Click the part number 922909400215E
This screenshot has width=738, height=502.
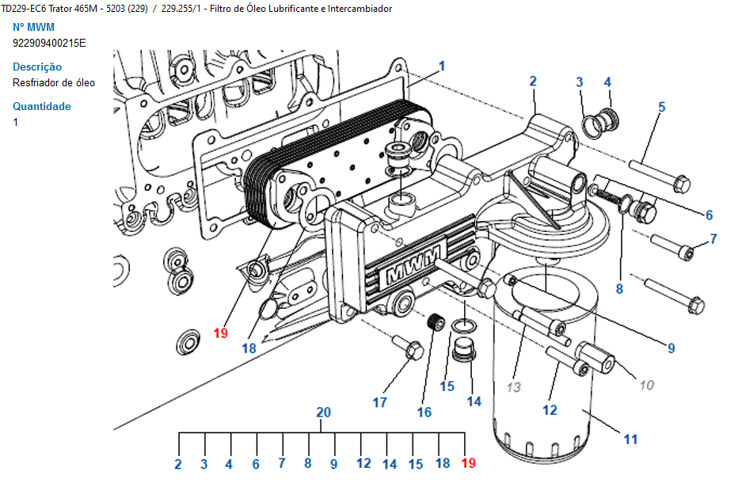[49, 44]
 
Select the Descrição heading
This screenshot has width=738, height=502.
[37, 67]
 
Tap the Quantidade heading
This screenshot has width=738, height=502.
[42, 106]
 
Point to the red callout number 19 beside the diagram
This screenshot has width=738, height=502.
[221, 333]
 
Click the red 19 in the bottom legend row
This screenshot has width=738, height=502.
[468, 463]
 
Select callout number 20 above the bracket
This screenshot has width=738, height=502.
[323, 413]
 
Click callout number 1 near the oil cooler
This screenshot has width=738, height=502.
[442, 66]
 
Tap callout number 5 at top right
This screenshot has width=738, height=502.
[662, 107]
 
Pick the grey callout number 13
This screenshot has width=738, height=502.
[513, 386]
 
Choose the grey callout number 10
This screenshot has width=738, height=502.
[647, 385]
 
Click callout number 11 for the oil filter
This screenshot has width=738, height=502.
[630, 439]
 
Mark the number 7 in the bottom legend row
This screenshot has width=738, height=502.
[281, 463]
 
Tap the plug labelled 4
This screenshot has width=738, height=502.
[607, 118]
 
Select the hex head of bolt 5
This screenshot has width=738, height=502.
[682, 184]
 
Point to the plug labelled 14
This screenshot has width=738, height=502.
[465, 349]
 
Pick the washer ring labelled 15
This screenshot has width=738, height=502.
[463, 325]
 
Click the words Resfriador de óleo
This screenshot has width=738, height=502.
[54, 83]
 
